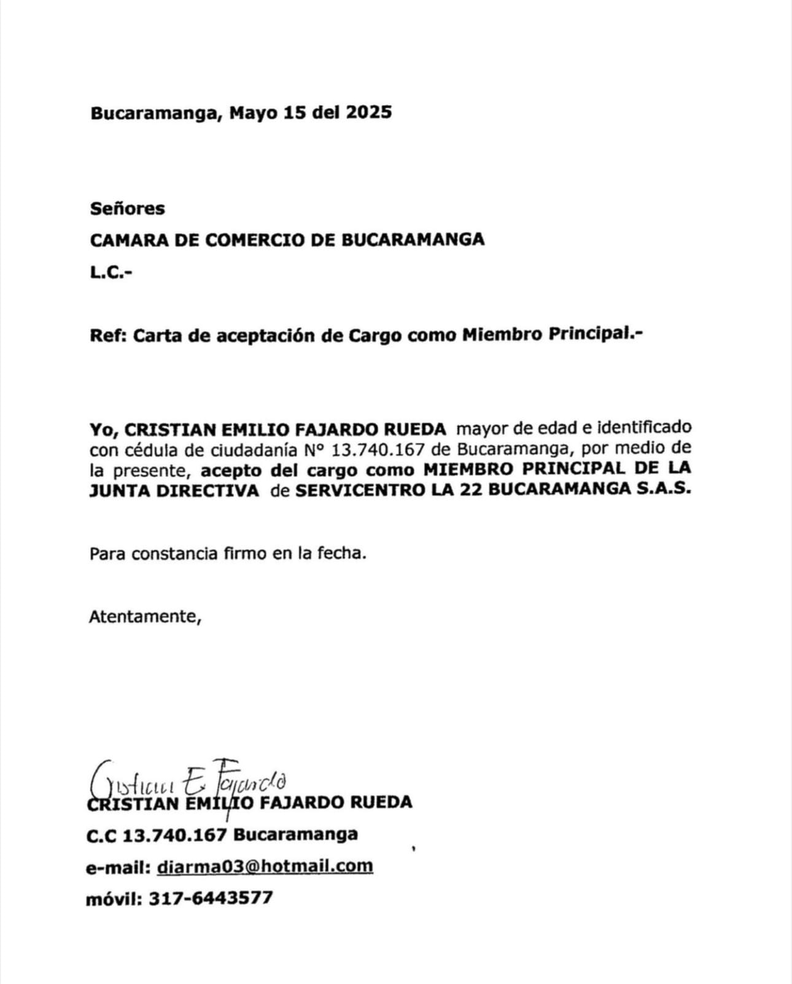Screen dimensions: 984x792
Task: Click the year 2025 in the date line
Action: tap(368, 113)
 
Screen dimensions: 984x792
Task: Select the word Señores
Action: tap(128, 209)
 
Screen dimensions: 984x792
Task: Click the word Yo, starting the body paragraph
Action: tap(104, 428)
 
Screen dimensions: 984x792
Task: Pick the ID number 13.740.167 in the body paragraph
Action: tap(378, 450)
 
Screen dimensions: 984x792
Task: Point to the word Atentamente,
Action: tap(146, 616)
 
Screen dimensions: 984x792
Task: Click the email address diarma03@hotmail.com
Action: tap(265, 866)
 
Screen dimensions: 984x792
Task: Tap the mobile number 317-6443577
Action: tap(211, 898)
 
